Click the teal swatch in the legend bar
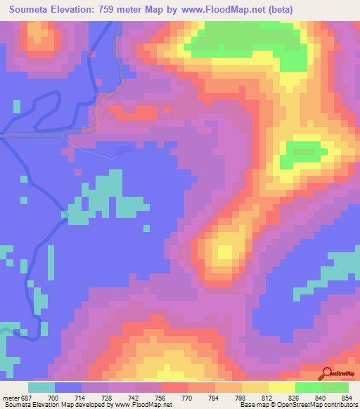42,387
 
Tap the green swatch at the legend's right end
335,387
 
